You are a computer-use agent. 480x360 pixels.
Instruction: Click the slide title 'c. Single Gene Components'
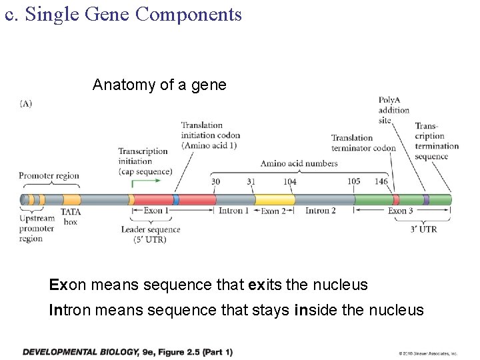click(123, 14)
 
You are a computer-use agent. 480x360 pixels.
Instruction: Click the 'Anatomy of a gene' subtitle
click(159, 85)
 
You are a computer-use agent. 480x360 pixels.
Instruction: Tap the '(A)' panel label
click(26, 103)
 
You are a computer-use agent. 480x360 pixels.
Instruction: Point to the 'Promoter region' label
click(49, 176)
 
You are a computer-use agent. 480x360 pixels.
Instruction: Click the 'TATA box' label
click(71, 217)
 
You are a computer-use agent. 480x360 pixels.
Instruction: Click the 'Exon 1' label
click(156, 211)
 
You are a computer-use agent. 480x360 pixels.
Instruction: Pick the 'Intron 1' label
click(234, 211)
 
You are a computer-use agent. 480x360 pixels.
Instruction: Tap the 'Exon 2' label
click(273, 211)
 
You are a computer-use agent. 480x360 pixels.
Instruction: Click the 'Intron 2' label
click(320, 211)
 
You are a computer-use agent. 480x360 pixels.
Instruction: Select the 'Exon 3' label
click(401, 211)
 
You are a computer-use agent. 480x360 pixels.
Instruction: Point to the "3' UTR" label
click(424, 229)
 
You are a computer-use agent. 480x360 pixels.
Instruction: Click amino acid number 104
click(289, 181)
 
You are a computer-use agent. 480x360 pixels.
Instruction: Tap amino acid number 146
click(381, 181)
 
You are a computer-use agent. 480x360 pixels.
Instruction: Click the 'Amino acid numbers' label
click(299, 163)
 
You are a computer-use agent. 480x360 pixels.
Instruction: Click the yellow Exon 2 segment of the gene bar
click(275, 199)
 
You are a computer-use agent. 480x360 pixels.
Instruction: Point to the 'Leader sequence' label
click(151, 229)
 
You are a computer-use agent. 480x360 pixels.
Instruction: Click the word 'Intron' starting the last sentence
click(69, 310)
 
